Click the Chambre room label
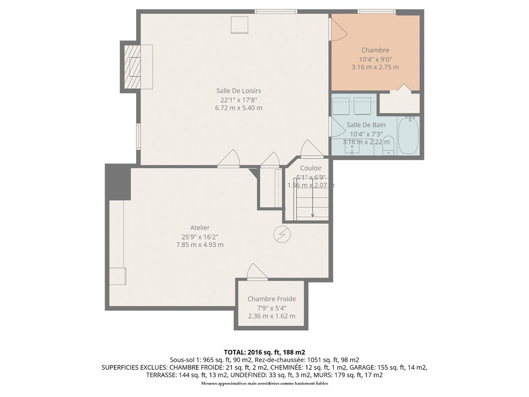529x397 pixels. click(x=375, y=50)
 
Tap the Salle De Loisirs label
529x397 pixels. click(x=238, y=91)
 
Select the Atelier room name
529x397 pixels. click(x=200, y=228)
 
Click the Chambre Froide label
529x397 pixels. click(x=272, y=299)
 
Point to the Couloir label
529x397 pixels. click(x=311, y=168)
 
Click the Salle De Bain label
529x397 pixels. click(x=366, y=125)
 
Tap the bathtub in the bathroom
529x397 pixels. click(x=408, y=136)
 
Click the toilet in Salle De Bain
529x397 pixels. click(x=388, y=146)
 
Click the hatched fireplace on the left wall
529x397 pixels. click(x=131, y=67)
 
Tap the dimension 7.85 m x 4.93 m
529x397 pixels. click(x=200, y=245)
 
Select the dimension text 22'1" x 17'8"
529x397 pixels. click(x=238, y=100)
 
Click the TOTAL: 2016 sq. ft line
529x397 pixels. click(x=264, y=352)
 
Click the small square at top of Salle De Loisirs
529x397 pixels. click(x=239, y=25)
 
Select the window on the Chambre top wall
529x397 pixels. click(x=377, y=12)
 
